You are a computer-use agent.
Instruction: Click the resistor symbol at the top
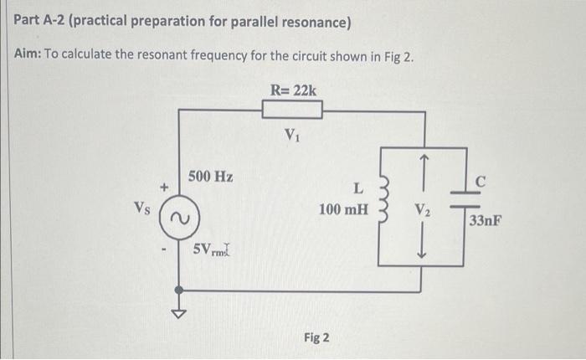tap(292, 110)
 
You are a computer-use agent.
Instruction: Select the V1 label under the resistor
tap(291, 133)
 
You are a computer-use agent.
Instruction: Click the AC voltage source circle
tap(177, 217)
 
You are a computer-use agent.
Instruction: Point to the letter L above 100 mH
tap(358, 188)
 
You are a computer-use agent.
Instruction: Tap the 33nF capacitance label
tap(486, 221)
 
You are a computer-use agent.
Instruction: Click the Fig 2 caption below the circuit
tap(316, 337)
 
